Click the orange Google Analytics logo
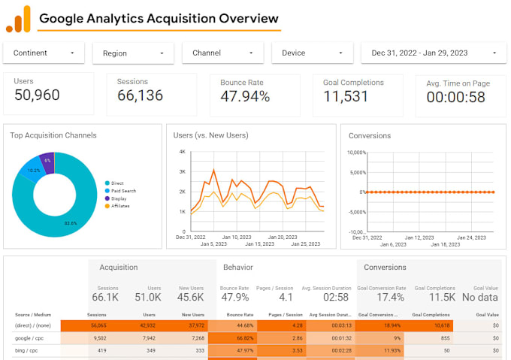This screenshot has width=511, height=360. (x=18, y=19)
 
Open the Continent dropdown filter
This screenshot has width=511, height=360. (x=44, y=53)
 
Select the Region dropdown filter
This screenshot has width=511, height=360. (x=133, y=53)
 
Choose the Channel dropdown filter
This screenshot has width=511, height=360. (x=222, y=53)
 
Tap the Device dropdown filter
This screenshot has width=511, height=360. (x=312, y=53)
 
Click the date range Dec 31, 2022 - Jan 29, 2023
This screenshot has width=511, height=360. (x=433, y=53)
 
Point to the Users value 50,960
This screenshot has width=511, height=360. (x=37, y=95)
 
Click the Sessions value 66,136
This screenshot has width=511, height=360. (x=141, y=95)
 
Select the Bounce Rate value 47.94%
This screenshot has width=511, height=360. (x=245, y=96)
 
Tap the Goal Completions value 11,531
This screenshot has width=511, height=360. (x=346, y=96)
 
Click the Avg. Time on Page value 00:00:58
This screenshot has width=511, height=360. (x=455, y=97)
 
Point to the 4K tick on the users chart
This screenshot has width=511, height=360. (x=181, y=152)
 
